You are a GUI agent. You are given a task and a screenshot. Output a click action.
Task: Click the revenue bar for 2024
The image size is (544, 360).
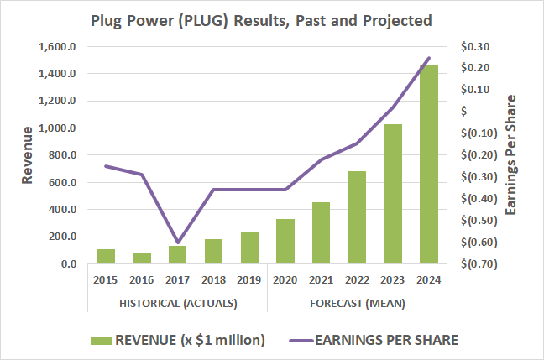(429, 164)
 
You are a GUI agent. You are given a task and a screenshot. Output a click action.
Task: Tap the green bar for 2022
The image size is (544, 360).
(357, 217)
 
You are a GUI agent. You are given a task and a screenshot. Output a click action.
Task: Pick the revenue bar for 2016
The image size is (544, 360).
(142, 258)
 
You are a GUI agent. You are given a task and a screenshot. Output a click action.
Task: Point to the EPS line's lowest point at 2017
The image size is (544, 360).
(178, 243)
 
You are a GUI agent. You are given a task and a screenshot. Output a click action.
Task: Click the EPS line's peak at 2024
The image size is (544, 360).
(429, 58)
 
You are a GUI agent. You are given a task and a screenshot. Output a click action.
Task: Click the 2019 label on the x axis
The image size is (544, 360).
(249, 279)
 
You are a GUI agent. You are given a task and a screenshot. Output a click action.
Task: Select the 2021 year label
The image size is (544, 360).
(322, 279)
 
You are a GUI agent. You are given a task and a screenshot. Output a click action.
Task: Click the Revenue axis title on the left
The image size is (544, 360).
(28, 154)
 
